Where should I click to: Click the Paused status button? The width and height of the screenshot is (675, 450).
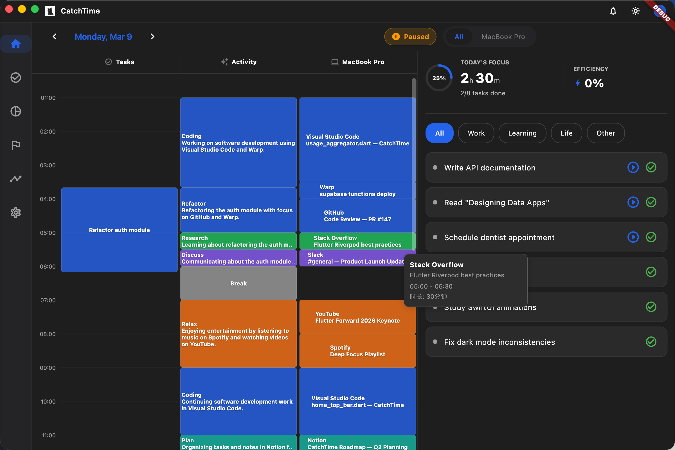point(410,37)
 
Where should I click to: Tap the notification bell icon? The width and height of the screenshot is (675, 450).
point(613,11)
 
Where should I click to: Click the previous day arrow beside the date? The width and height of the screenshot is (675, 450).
point(55,37)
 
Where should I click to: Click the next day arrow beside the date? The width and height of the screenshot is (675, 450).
point(152,37)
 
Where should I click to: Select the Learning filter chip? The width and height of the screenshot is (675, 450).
point(522,133)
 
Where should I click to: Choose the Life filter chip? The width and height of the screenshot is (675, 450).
point(566,133)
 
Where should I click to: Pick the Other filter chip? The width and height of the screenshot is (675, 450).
point(606,133)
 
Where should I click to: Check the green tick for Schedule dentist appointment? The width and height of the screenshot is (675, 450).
point(651,237)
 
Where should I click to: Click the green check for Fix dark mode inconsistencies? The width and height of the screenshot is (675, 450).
point(651,342)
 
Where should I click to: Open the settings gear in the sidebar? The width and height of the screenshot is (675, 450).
point(16,213)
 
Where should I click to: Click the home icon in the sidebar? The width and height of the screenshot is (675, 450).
point(16,44)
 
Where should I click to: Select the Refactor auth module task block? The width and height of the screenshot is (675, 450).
point(119,230)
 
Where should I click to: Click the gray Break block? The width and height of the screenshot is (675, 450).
point(238,283)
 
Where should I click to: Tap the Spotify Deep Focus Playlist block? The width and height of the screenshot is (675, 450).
point(357,351)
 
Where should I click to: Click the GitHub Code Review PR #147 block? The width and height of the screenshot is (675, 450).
point(357,216)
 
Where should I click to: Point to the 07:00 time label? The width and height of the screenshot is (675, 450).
point(48,300)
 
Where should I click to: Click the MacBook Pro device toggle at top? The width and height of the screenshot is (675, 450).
point(503,37)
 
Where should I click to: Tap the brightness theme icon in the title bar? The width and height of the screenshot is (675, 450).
point(635,11)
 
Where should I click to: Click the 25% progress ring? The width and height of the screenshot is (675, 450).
point(439,78)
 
